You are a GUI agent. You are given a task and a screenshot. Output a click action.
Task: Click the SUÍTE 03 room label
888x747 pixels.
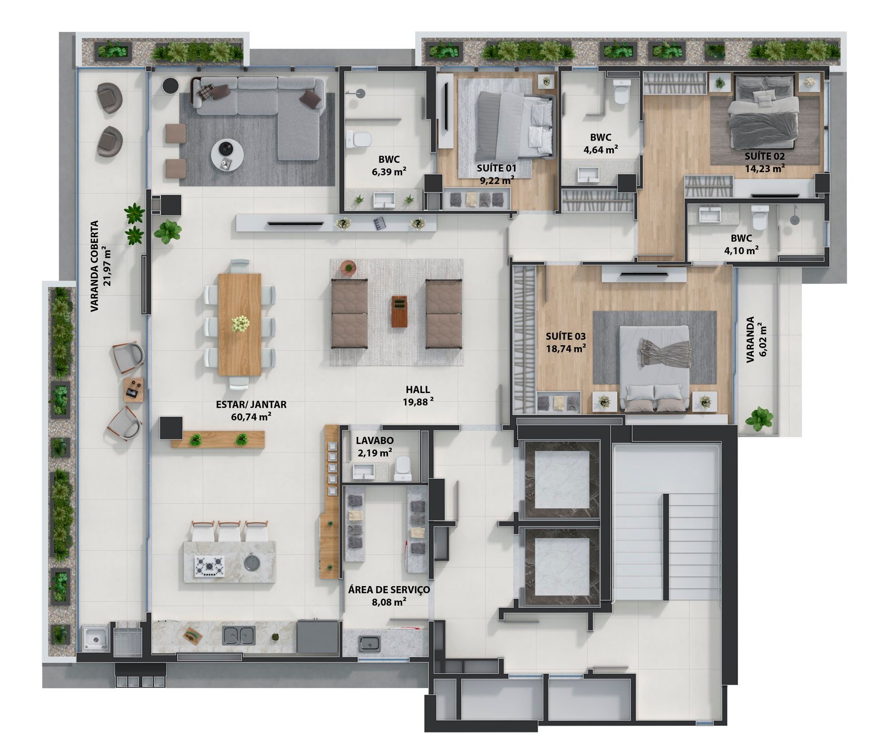[566, 336]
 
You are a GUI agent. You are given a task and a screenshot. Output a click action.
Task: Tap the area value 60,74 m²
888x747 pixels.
[251, 416]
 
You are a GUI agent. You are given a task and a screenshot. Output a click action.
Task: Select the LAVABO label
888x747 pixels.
[375, 441]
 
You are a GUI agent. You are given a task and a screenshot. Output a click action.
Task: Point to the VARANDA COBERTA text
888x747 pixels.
[95, 266]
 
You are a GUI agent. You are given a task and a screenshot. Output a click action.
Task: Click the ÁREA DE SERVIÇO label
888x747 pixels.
[389, 590]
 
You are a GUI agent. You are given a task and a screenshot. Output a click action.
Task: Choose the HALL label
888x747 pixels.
[418, 390]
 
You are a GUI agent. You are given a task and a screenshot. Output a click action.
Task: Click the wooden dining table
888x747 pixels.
[240, 325]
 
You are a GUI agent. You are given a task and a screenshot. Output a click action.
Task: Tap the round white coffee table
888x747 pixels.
[227, 154]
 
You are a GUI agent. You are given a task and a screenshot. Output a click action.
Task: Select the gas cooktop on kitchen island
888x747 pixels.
[209, 566]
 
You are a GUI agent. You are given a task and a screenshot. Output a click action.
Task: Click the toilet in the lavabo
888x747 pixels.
[403, 470]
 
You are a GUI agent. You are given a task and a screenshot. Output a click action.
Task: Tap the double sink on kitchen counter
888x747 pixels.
[239, 635]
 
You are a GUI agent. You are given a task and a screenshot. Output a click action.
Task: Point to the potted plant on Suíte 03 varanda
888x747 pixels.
[759, 418]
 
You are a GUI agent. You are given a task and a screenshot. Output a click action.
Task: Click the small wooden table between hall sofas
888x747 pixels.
[399, 311]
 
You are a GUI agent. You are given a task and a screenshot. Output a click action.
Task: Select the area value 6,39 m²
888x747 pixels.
[389, 171]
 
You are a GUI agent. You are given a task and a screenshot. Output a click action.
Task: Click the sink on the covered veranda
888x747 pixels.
[96, 639]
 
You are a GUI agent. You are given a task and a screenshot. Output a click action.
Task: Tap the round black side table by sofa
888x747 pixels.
[170, 85]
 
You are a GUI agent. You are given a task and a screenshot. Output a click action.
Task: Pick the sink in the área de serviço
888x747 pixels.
[370, 643]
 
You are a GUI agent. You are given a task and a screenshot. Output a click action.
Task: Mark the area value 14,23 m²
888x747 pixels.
[764, 168]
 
